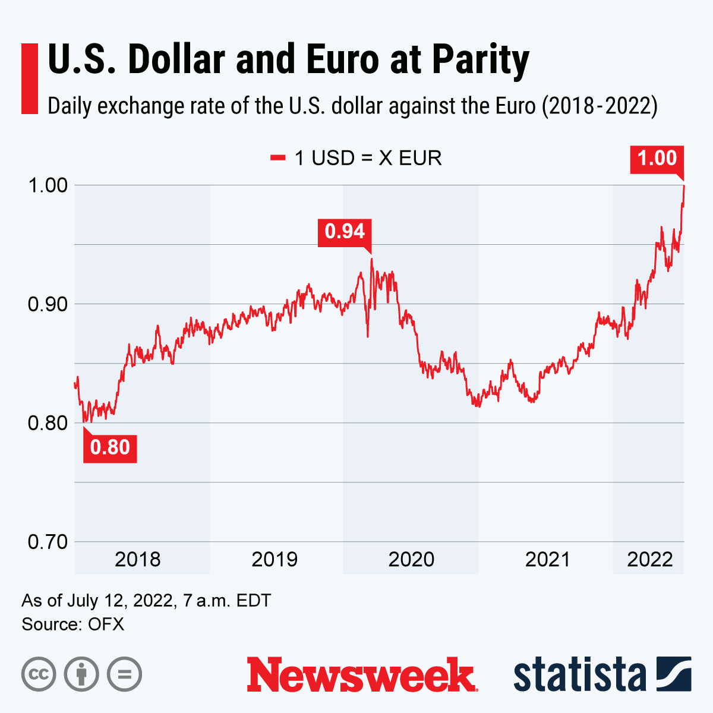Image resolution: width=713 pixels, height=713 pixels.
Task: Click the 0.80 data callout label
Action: coord(110,447)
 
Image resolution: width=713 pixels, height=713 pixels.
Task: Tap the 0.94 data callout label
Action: coord(345,231)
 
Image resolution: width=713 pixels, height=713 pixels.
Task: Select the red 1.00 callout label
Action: coord(657,159)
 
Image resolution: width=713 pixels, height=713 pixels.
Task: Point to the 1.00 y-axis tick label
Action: coord(48,185)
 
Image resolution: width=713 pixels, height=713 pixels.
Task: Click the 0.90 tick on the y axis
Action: coord(48,304)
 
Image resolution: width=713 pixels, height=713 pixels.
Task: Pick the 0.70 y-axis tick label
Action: coord(48,542)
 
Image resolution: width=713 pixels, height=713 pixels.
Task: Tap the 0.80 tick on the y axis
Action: coord(48,423)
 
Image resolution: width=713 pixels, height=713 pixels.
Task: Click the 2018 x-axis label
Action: coord(138,559)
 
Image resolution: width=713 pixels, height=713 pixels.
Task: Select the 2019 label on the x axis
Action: coord(275,559)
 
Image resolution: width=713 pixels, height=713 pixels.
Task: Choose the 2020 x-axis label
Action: coord(411,559)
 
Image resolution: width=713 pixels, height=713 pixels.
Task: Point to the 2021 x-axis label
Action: coord(547,559)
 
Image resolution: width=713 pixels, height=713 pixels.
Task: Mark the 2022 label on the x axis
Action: coord(650,559)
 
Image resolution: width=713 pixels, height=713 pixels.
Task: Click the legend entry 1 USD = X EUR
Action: coord(356,158)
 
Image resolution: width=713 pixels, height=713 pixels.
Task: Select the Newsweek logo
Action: coord(362,674)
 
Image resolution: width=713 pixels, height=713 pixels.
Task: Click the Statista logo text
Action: coord(579,675)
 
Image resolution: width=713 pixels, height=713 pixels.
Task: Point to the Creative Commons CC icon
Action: coord(39,674)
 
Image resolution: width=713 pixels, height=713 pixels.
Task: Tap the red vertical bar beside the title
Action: coord(29,78)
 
